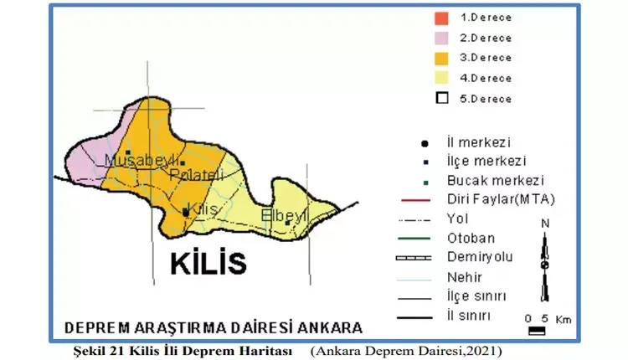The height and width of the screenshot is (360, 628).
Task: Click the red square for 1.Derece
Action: coord(442,18)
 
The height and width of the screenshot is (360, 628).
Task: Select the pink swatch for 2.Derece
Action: coord(442,38)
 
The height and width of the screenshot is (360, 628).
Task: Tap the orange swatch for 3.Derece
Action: coord(442,58)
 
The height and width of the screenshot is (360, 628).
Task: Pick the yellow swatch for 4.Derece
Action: coord(442,78)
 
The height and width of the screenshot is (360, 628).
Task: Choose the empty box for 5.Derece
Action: coord(442,98)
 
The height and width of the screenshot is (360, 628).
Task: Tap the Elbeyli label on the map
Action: coord(286,215)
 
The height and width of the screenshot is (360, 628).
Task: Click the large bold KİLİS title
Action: coord(208,263)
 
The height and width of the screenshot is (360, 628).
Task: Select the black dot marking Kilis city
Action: coord(185,213)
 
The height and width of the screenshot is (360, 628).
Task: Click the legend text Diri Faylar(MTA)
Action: coord(501,199)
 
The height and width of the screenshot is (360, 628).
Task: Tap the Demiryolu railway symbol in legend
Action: coord(413,257)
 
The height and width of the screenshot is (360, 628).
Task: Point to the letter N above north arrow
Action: coord(545,223)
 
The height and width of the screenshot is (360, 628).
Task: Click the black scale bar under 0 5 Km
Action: coord(537,331)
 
